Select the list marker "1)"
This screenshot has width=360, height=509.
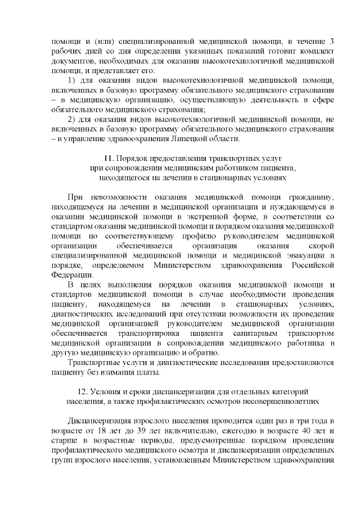71,80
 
